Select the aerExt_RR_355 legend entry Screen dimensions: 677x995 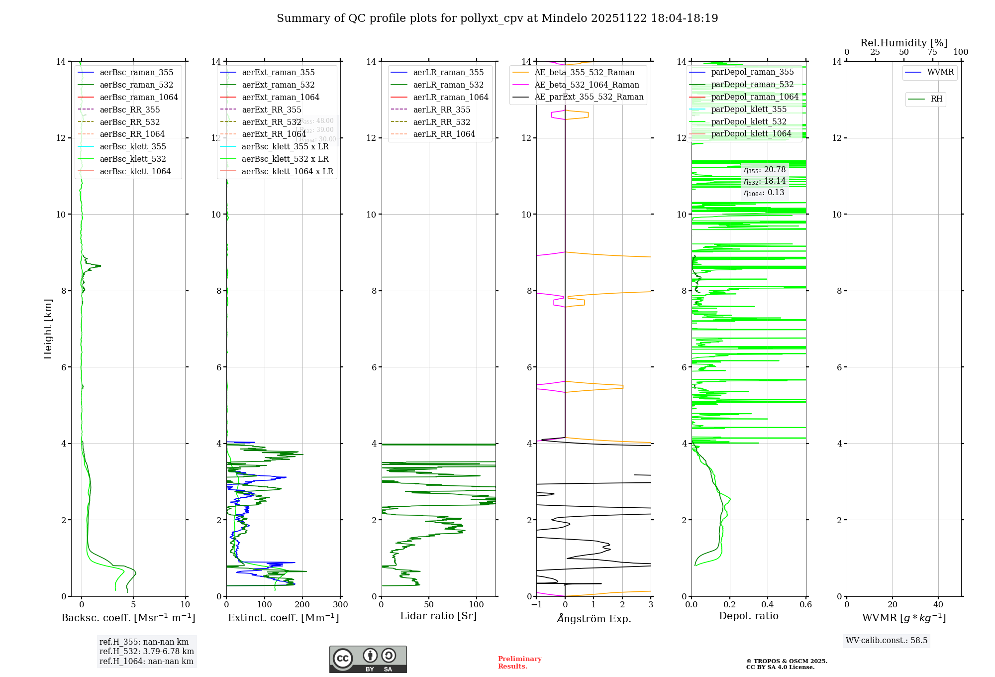click(x=271, y=110)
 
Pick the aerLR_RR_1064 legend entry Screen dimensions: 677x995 click(x=444, y=134)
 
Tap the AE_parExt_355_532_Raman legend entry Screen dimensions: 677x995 click(x=589, y=97)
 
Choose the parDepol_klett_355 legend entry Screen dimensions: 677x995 click(x=749, y=110)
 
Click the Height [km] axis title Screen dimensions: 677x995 click(x=48, y=329)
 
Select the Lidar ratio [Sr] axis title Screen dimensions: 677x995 click(x=438, y=616)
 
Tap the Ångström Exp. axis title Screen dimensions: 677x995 click(x=594, y=619)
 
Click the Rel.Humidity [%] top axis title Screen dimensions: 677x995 click(x=903, y=43)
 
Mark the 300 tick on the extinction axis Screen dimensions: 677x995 click(x=340, y=605)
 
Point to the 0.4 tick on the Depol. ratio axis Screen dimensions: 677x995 click(x=768, y=605)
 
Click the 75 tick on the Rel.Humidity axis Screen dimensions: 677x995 click(x=932, y=52)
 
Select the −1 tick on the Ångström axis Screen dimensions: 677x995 click(x=536, y=605)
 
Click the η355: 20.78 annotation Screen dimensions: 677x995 click(x=765, y=170)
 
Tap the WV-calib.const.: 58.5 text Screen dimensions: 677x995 click(x=887, y=641)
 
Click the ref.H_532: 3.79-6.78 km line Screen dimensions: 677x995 click(x=146, y=652)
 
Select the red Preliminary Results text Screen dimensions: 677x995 click(x=519, y=663)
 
